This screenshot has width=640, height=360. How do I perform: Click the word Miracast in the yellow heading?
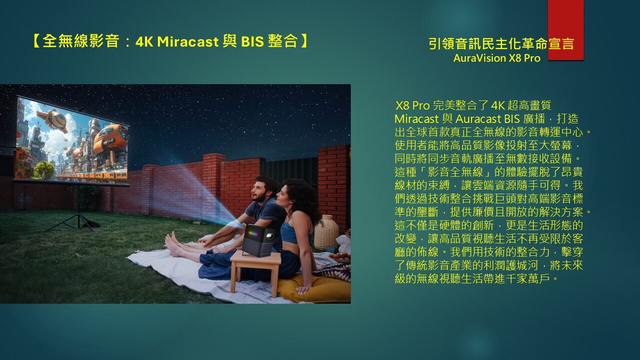coord(187,41)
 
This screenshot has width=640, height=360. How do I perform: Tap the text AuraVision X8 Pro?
coord(496,58)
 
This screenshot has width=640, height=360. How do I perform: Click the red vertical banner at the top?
coord(565,30)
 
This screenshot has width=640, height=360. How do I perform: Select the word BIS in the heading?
coord(252,41)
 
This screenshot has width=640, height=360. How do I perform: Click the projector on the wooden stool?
coord(259,240)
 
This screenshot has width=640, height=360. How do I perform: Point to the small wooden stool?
coord(255,271)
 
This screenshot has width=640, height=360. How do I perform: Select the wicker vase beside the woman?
coord(326,232)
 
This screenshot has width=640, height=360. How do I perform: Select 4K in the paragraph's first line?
coord(498,105)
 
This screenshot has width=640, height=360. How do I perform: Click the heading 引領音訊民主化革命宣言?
coord(501,43)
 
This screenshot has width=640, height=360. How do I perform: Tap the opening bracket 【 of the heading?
coord(36,41)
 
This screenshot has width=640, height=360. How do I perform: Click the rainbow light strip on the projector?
coord(253,233)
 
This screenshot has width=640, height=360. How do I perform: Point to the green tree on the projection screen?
coord(44,169)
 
